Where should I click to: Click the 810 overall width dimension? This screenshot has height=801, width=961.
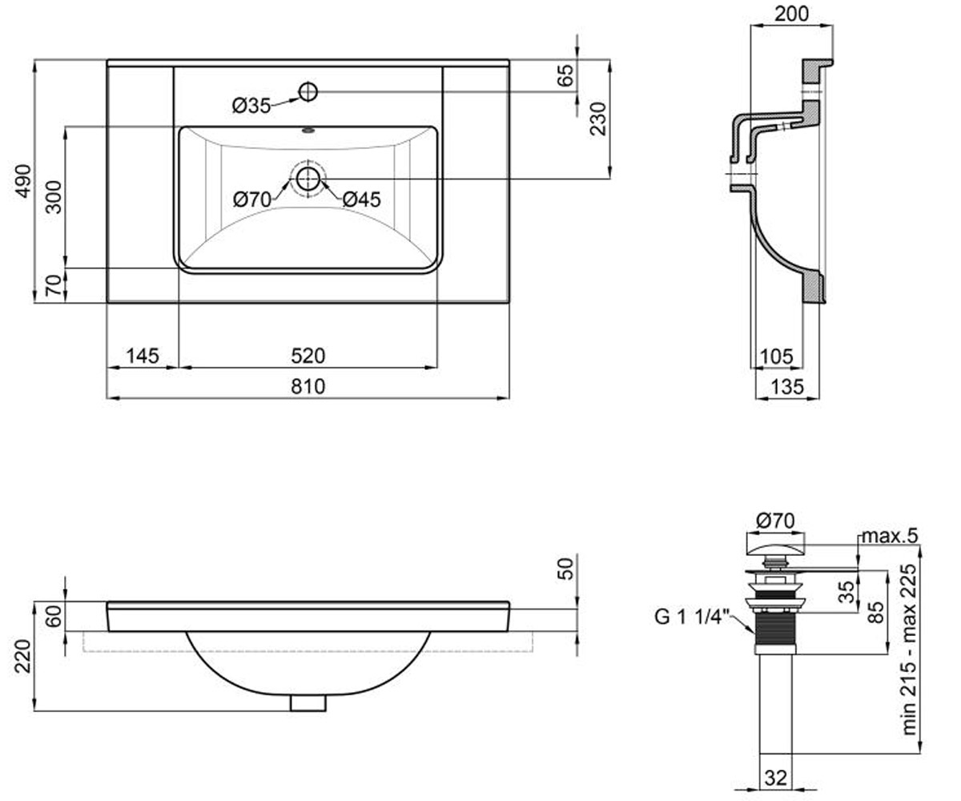(x=308, y=386)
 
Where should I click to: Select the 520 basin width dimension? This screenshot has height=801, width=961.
(x=308, y=356)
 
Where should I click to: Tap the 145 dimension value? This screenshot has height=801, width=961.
(x=143, y=356)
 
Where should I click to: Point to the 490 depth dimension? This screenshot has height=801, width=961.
(x=23, y=181)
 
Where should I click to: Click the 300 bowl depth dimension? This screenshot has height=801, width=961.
(x=54, y=197)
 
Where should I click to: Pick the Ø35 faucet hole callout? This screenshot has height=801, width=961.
(x=251, y=107)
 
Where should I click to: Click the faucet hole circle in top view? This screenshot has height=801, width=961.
(x=308, y=91)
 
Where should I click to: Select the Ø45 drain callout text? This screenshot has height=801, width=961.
(x=362, y=199)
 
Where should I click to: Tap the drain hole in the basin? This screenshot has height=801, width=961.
(x=308, y=179)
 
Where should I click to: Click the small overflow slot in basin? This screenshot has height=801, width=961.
(x=308, y=131)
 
